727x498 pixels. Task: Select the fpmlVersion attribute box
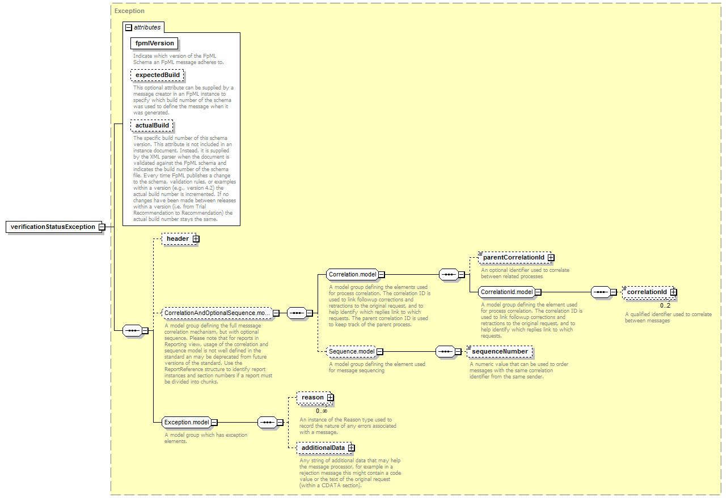click(154, 44)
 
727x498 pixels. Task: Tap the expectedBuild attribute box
click(158, 75)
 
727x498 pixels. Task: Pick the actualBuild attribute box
click(152, 125)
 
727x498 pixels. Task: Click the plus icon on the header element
click(196, 239)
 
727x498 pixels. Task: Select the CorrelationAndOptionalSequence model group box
click(217, 313)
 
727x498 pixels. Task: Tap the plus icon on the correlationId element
click(674, 292)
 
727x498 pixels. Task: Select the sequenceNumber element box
click(500, 351)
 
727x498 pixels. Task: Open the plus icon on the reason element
click(330, 398)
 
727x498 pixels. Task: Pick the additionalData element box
click(324, 448)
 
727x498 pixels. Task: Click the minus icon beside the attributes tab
click(129, 28)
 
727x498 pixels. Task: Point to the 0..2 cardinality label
click(665, 305)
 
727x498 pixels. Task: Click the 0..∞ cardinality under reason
click(322, 411)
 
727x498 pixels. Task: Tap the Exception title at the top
click(129, 11)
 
